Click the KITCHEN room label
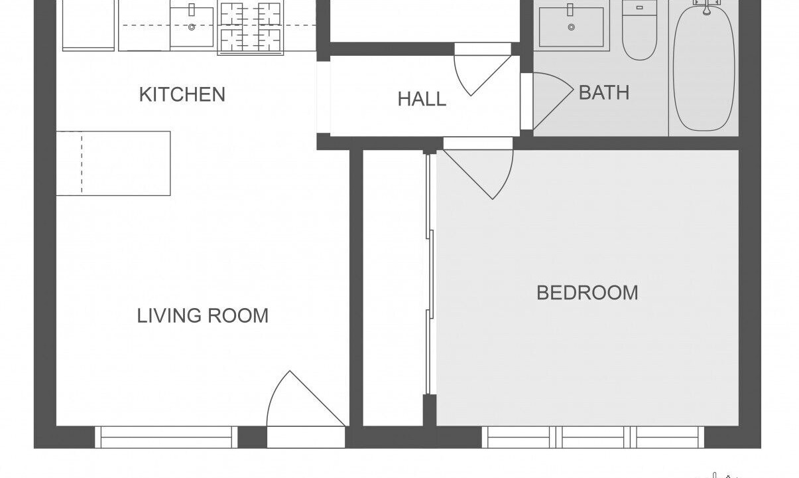point(182,95)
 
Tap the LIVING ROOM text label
point(203,316)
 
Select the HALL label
point(422,99)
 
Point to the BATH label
point(604,93)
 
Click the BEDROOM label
point(587,293)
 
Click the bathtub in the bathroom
point(704,68)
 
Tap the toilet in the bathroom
point(640,30)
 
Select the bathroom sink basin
point(572,27)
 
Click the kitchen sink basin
point(192,27)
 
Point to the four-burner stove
point(251,27)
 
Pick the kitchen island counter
point(113,163)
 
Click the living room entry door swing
point(306,398)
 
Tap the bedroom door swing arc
point(478,175)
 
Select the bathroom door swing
point(553,101)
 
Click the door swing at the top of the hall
point(482,76)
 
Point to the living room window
point(166,437)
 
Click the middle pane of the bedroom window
point(593,437)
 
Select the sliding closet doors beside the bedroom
point(430,274)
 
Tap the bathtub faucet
point(706,7)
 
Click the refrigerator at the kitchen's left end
point(88,25)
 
